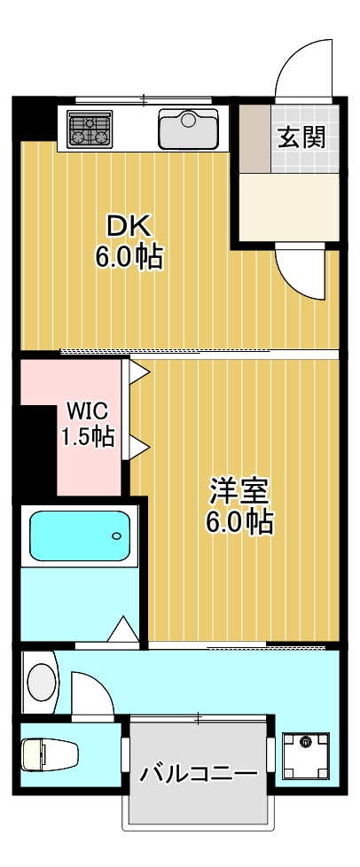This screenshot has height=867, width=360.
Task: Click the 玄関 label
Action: tap(301, 137)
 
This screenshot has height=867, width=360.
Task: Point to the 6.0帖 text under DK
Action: tap(129, 258)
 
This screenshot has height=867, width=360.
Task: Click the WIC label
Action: tap(87, 410)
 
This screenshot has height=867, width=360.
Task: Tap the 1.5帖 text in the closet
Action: tap(87, 436)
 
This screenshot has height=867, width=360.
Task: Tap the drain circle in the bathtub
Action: tap(116, 536)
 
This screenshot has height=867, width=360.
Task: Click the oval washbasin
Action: tap(41, 683)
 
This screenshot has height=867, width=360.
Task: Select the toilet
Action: tap(49, 754)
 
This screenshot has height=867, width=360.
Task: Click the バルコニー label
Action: tap(198, 773)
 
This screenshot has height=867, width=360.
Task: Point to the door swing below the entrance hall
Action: tap(301, 270)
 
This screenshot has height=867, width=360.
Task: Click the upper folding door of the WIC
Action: tap(137, 371)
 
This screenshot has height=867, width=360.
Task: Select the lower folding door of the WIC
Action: tap(137, 446)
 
